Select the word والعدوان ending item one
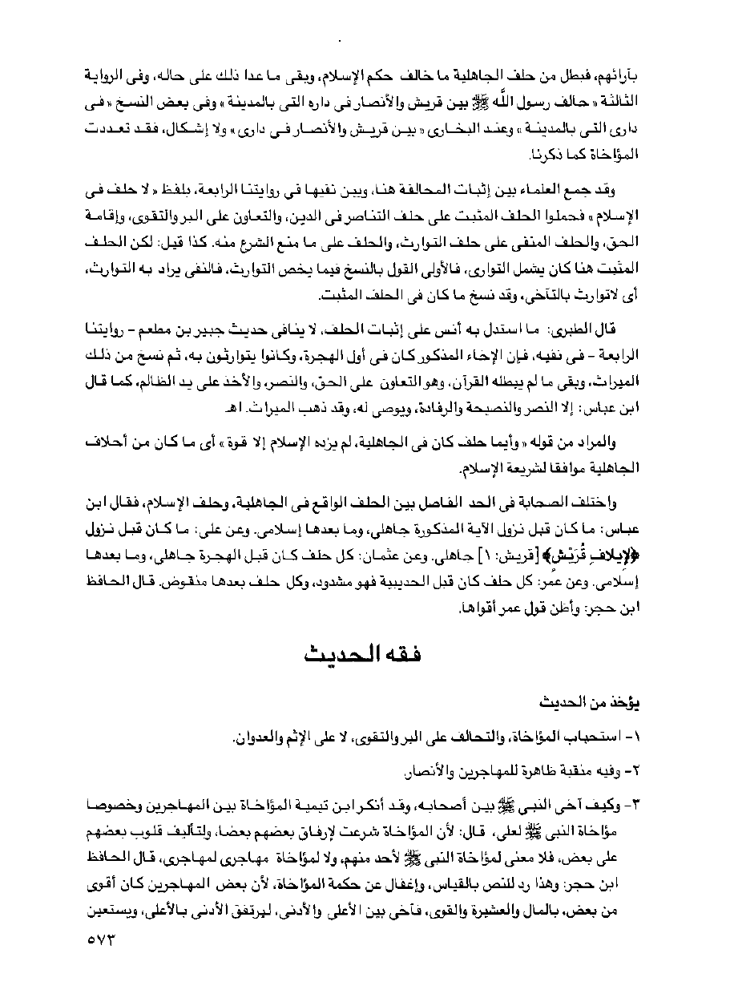coord(276,736)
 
